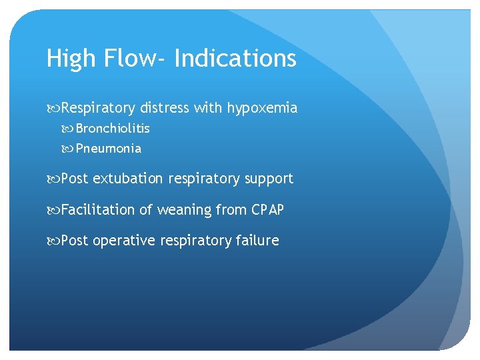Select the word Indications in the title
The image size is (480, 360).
[x=235, y=59]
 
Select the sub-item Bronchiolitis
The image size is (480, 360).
[x=113, y=128]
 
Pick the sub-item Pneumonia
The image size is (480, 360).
[x=109, y=149]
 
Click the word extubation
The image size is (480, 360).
[x=127, y=179]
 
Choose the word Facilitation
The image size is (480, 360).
[x=98, y=210]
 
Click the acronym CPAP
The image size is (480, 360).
[x=267, y=210]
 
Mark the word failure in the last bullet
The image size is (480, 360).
[x=257, y=241]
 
